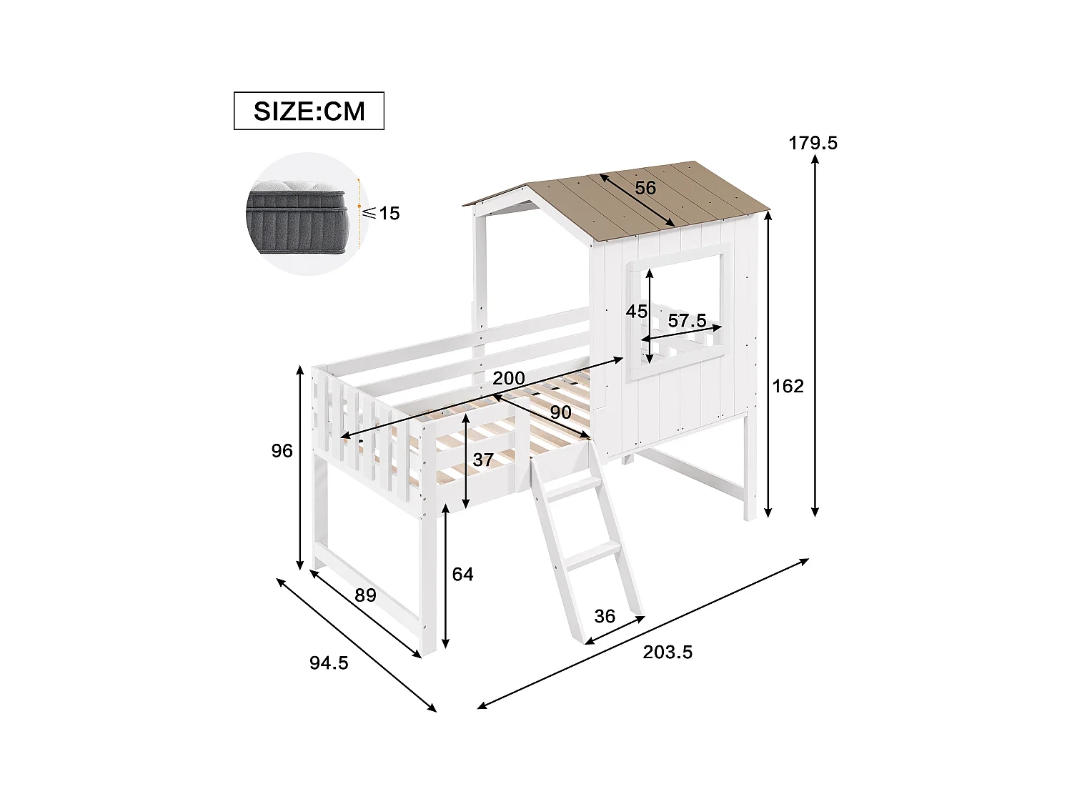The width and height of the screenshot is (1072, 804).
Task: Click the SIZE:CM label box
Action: pos(309,111)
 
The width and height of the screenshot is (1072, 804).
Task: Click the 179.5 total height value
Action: pos(813,143)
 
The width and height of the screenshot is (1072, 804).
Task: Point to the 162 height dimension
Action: pos(788,386)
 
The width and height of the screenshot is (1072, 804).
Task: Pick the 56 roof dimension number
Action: pos(645,188)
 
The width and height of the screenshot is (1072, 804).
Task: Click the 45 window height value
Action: pos(636,312)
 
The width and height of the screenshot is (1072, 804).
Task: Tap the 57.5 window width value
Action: pos(687,321)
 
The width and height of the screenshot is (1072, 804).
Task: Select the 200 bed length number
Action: pos(508,378)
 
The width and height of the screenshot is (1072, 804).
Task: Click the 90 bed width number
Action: pos(560,412)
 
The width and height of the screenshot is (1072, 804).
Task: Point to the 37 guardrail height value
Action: pos(483,460)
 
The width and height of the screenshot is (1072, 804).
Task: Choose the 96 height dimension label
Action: pos(282,450)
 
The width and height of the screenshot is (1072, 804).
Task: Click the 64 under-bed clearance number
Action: pos(462,574)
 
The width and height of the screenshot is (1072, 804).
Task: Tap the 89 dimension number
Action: pos(365,595)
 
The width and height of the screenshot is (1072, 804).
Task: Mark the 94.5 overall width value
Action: pos(329,663)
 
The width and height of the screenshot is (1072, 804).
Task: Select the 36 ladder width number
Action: pos(605,616)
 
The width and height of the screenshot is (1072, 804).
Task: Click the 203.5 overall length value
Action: pos(667,652)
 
